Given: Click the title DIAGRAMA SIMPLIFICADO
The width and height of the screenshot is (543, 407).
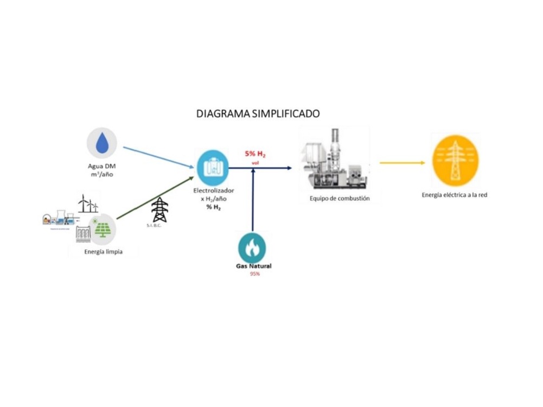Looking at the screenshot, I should click(x=258, y=114).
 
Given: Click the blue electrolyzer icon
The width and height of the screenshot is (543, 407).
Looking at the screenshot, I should click(x=213, y=168).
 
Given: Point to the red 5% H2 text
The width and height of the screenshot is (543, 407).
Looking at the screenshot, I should click(x=255, y=155).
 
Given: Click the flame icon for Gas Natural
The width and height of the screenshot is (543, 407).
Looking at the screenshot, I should click(x=252, y=247).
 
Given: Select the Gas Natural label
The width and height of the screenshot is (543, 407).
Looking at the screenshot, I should click(x=253, y=266).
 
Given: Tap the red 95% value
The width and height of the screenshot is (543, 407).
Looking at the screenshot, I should click(x=254, y=274).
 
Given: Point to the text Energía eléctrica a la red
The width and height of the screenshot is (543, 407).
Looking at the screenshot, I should click(x=455, y=195).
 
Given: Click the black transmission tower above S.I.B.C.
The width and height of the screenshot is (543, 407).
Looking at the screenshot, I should click(x=159, y=209).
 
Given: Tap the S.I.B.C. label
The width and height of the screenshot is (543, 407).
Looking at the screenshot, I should click(x=155, y=226).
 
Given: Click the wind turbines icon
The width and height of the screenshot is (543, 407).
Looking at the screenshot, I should click(x=88, y=203).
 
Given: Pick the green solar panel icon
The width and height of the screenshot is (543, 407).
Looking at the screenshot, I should click(x=101, y=228).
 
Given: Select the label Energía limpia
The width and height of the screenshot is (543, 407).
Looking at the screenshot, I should click(x=103, y=251).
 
